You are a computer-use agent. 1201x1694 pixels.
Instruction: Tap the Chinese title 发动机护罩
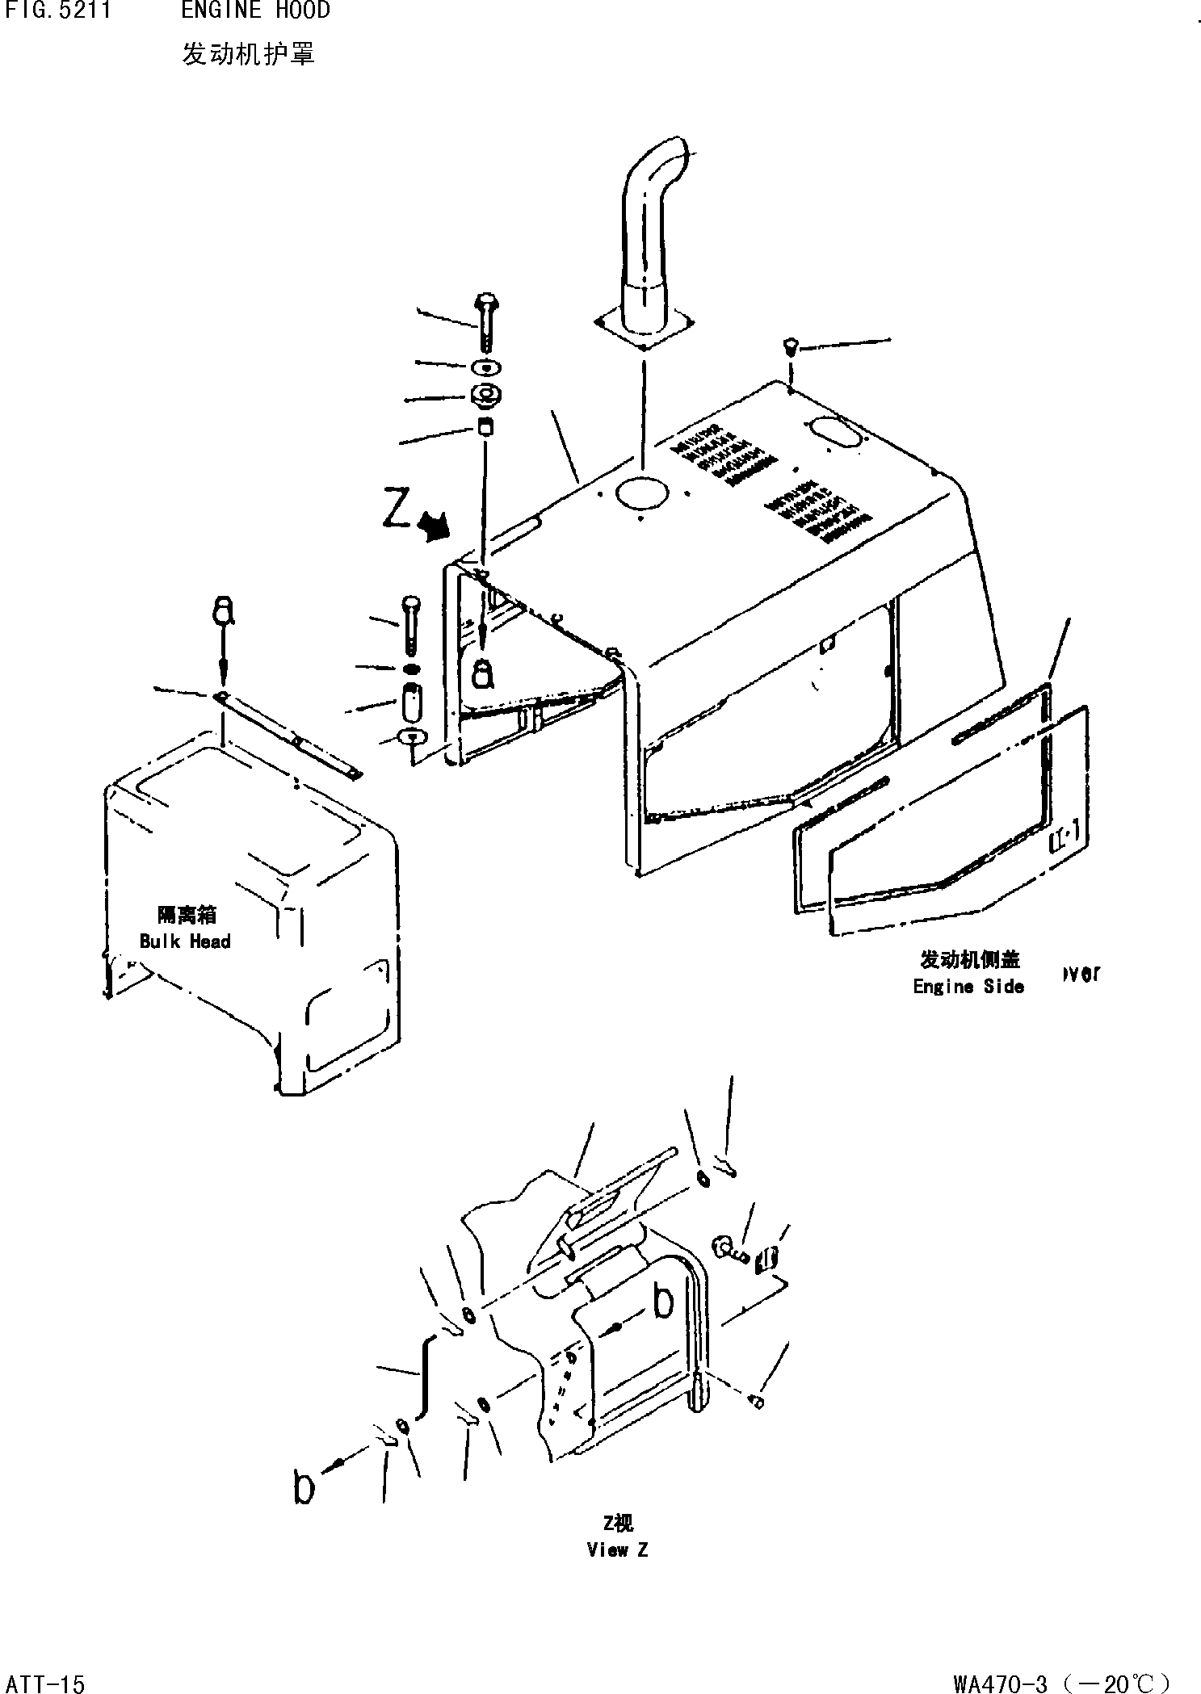247,54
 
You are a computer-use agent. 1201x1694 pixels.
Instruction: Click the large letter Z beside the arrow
397,511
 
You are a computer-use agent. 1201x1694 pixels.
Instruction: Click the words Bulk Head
185,941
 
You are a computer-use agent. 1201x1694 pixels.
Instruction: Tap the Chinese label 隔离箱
187,915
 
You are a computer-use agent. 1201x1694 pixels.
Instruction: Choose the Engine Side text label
968,986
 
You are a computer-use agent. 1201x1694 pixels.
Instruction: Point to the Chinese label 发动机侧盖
969,959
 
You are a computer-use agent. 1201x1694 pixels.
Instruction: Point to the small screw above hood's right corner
789,348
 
